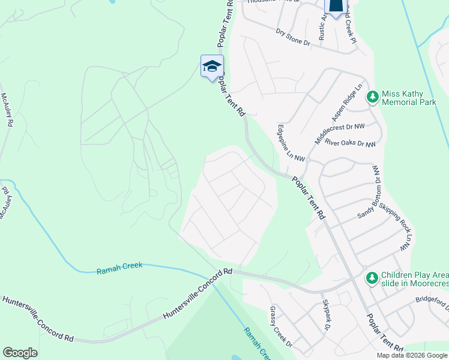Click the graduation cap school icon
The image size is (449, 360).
pyautogui.click(x=212, y=67)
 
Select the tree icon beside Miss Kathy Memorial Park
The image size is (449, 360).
pyautogui.click(x=373, y=97)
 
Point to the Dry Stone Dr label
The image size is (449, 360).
pyautogui.click(x=293, y=38)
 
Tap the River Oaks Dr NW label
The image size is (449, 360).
pyautogui.click(x=350, y=144)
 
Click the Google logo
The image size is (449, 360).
pyautogui.click(x=20, y=353)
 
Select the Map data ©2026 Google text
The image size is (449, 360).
pyautogui.click(x=412, y=355)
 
